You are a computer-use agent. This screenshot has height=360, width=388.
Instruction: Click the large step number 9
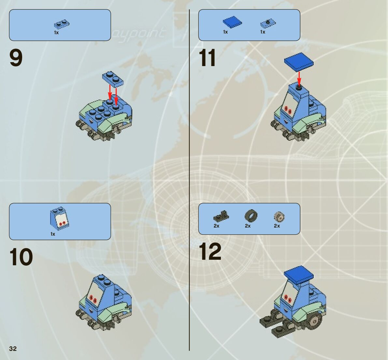coord(16,58)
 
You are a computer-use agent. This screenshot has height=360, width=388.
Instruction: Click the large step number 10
coord(21,257)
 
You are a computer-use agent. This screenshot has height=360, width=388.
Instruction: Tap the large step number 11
coord(207,58)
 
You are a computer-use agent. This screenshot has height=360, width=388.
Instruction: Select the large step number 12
coord(210,252)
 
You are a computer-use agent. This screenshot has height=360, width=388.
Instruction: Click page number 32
coord(13,349)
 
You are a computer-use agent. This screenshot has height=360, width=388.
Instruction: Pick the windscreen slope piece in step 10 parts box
coord(60,217)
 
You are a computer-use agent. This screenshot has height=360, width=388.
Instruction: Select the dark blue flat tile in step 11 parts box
coord(232,22)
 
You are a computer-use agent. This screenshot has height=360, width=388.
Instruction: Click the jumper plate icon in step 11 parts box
coord(267,23)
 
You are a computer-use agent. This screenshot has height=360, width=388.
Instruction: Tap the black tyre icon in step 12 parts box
coord(251,215)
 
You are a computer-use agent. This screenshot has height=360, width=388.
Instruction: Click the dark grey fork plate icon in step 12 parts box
coord(221,215)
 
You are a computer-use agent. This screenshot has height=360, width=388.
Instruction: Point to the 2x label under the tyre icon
coord(248,226)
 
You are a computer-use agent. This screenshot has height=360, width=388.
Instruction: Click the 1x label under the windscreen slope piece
coord(53,234)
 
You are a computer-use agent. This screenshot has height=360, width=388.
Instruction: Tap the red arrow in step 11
coord(299,77)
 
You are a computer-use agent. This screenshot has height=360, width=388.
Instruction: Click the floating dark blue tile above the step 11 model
coord(299,62)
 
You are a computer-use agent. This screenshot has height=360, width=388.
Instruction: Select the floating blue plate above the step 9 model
coord(113,78)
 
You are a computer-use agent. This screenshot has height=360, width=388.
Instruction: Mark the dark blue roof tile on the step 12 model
coord(298,273)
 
